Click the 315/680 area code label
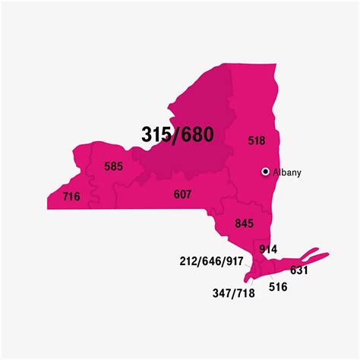point(178,134)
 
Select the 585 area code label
point(114,166)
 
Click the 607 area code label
point(182,194)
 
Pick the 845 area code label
point(244,223)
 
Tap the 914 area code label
point(268,249)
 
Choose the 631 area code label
point(298,269)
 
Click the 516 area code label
point(279,289)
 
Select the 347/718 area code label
point(232,292)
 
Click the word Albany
point(287,172)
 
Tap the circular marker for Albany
point(265,172)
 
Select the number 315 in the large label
point(157,134)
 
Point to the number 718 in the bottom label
point(245,292)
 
